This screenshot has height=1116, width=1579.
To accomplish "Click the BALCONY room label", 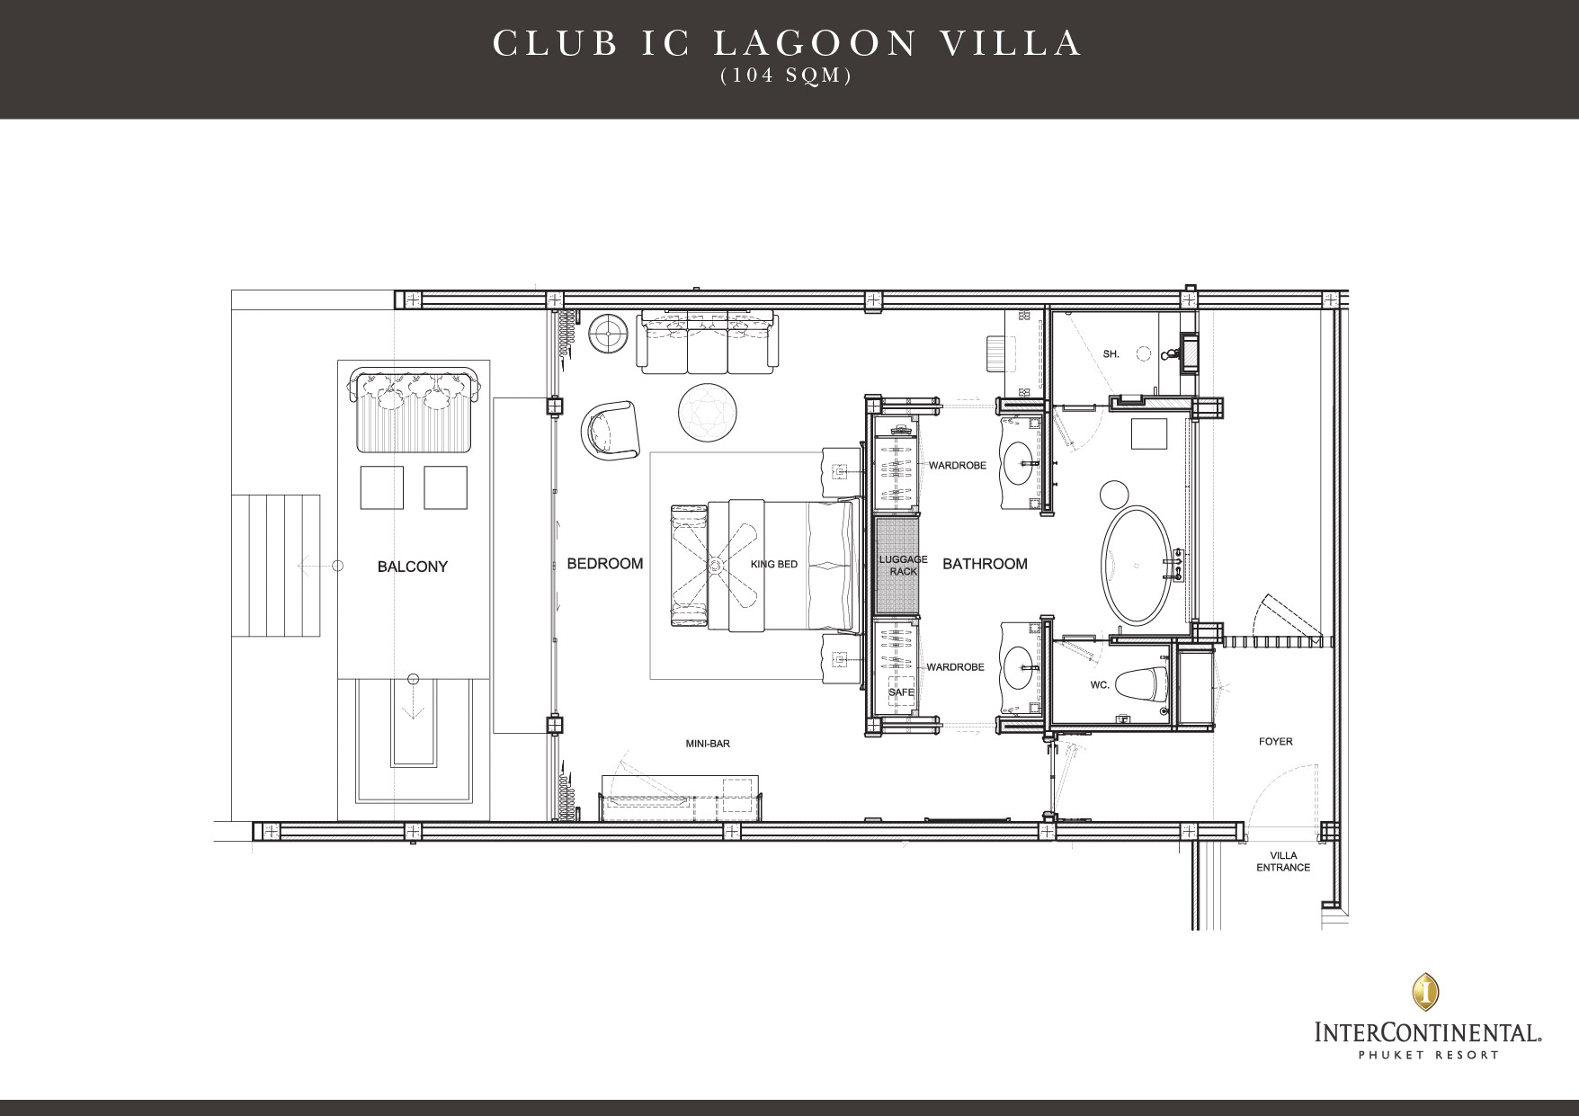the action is click(x=413, y=567).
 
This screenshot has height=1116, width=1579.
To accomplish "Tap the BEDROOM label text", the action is click(x=605, y=564).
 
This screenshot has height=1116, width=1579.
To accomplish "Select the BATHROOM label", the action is click(x=985, y=564).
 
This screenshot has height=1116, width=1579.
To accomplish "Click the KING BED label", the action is click(x=774, y=565).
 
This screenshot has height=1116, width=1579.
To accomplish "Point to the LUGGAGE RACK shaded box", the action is click(x=897, y=565).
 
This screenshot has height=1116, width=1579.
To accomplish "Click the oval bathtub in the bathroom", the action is click(x=1137, y=566).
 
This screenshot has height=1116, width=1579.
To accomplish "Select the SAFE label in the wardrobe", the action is click(x=901, y=692).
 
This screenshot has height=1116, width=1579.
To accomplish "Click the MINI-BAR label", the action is click(x=708, y=744).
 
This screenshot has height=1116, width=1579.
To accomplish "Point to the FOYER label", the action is click(x=1275, y=742).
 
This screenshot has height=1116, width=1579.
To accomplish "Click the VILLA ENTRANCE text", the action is click(x=1283, y=862).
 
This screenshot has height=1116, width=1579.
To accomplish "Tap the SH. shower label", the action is click(x=1111, y=354).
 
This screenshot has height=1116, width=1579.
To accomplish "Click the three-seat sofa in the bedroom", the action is click(x=708, y=342).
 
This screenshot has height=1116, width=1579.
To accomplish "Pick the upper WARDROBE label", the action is click(x=957, y=466).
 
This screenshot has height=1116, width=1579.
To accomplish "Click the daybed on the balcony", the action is click(x=414, y=410).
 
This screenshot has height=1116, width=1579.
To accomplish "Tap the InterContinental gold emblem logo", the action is click(x=1425, y=990).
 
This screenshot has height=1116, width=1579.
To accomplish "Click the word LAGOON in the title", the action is click(x=789, y=44).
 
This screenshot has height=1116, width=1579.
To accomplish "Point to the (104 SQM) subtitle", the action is click(x=786, y=76).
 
